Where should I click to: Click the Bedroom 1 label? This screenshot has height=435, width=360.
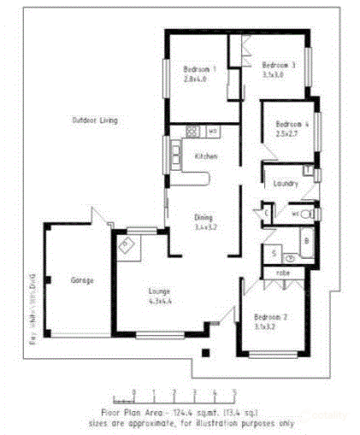(200, 68)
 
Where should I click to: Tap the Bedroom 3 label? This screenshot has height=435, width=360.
(279, 65)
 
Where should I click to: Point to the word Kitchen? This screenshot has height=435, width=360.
(206, 156)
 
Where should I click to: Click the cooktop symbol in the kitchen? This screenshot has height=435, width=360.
(192, 132)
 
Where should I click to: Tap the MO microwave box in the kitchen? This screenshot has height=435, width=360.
(212, 132)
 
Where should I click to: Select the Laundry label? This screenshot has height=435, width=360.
(285, 184)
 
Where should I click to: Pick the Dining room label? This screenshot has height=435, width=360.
(204, 217)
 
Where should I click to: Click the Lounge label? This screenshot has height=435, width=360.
(161, 291)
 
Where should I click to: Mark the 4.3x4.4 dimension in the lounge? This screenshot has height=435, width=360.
(161, 301)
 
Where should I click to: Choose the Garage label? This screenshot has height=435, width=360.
(82, 279)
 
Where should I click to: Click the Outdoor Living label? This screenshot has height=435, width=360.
(95, 121)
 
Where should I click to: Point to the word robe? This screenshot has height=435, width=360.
(283, 273)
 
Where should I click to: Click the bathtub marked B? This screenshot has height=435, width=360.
(307, 242)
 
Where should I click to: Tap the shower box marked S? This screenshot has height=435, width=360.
(273, 254)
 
